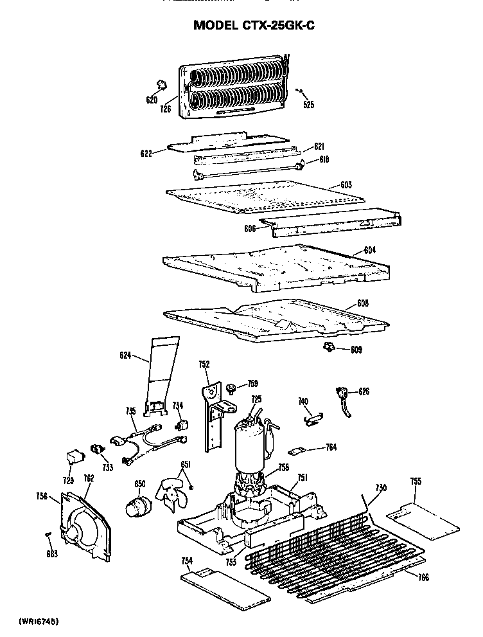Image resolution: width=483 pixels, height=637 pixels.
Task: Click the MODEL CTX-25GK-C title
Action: pyautogui.click(x=254, y=26)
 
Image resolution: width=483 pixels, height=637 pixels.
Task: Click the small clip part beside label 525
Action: pyautogui.click(x=300, y=91)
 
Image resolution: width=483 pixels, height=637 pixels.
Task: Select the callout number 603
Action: pyautogui.click(x=346, y=185)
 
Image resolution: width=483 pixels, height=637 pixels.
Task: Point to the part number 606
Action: pyautogui.click(x=250, y=228)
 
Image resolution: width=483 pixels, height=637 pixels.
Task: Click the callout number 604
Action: pyautogui.click(x=369, y=250)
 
